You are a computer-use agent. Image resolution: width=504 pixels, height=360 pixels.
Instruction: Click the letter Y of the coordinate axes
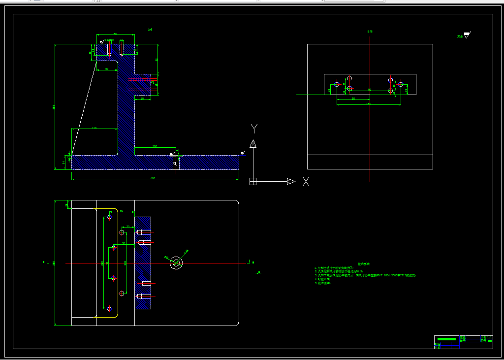click(254, 129)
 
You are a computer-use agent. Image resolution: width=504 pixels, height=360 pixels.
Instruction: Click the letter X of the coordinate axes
click(306, 182)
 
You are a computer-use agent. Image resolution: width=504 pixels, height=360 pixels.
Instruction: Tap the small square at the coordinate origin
click(253, 181)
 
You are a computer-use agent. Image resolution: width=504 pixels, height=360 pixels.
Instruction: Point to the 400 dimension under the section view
click(153, 178)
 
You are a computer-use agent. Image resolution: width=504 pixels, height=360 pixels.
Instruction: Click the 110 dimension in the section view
click(94, 128)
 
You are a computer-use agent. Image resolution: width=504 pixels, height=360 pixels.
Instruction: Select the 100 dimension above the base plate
click(155, 146)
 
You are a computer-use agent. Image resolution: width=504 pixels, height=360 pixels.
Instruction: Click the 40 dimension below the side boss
click(142, 99)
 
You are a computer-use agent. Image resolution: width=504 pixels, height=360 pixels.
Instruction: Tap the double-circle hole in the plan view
click(176, 263)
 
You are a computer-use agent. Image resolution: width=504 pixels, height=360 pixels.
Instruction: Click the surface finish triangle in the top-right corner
click(467, 35)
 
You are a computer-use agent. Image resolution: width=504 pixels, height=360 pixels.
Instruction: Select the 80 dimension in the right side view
click(353, 98)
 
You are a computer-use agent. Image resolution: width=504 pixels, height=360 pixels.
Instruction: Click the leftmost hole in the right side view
click(337, 84)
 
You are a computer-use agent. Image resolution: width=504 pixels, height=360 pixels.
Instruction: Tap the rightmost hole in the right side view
click(401, 84)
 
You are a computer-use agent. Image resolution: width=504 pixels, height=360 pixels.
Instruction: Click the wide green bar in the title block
click(447, 339)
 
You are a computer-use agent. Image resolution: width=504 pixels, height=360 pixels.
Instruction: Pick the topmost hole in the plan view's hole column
click(109, 217)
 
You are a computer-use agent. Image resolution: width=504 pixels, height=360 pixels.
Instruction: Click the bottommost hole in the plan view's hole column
click(109, 309)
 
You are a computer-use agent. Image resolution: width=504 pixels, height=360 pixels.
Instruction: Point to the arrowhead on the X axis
click(291, 181)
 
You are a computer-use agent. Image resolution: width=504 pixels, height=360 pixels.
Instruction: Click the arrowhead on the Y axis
click(253, 143)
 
